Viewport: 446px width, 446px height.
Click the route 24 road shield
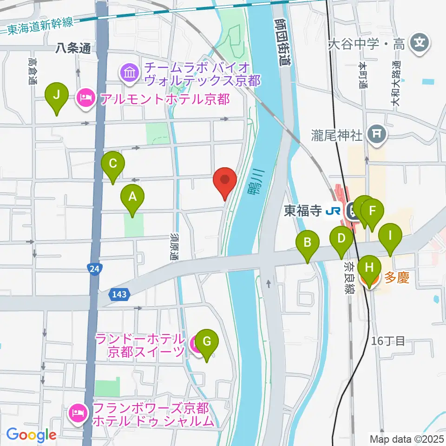(94, 269)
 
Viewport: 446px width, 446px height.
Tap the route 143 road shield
(119, 294)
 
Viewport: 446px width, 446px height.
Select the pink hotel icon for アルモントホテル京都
(85, 98)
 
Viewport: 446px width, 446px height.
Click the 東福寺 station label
(303, 211)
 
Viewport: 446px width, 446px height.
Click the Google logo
(32, 435)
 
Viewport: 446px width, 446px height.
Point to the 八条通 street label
(73, 47)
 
